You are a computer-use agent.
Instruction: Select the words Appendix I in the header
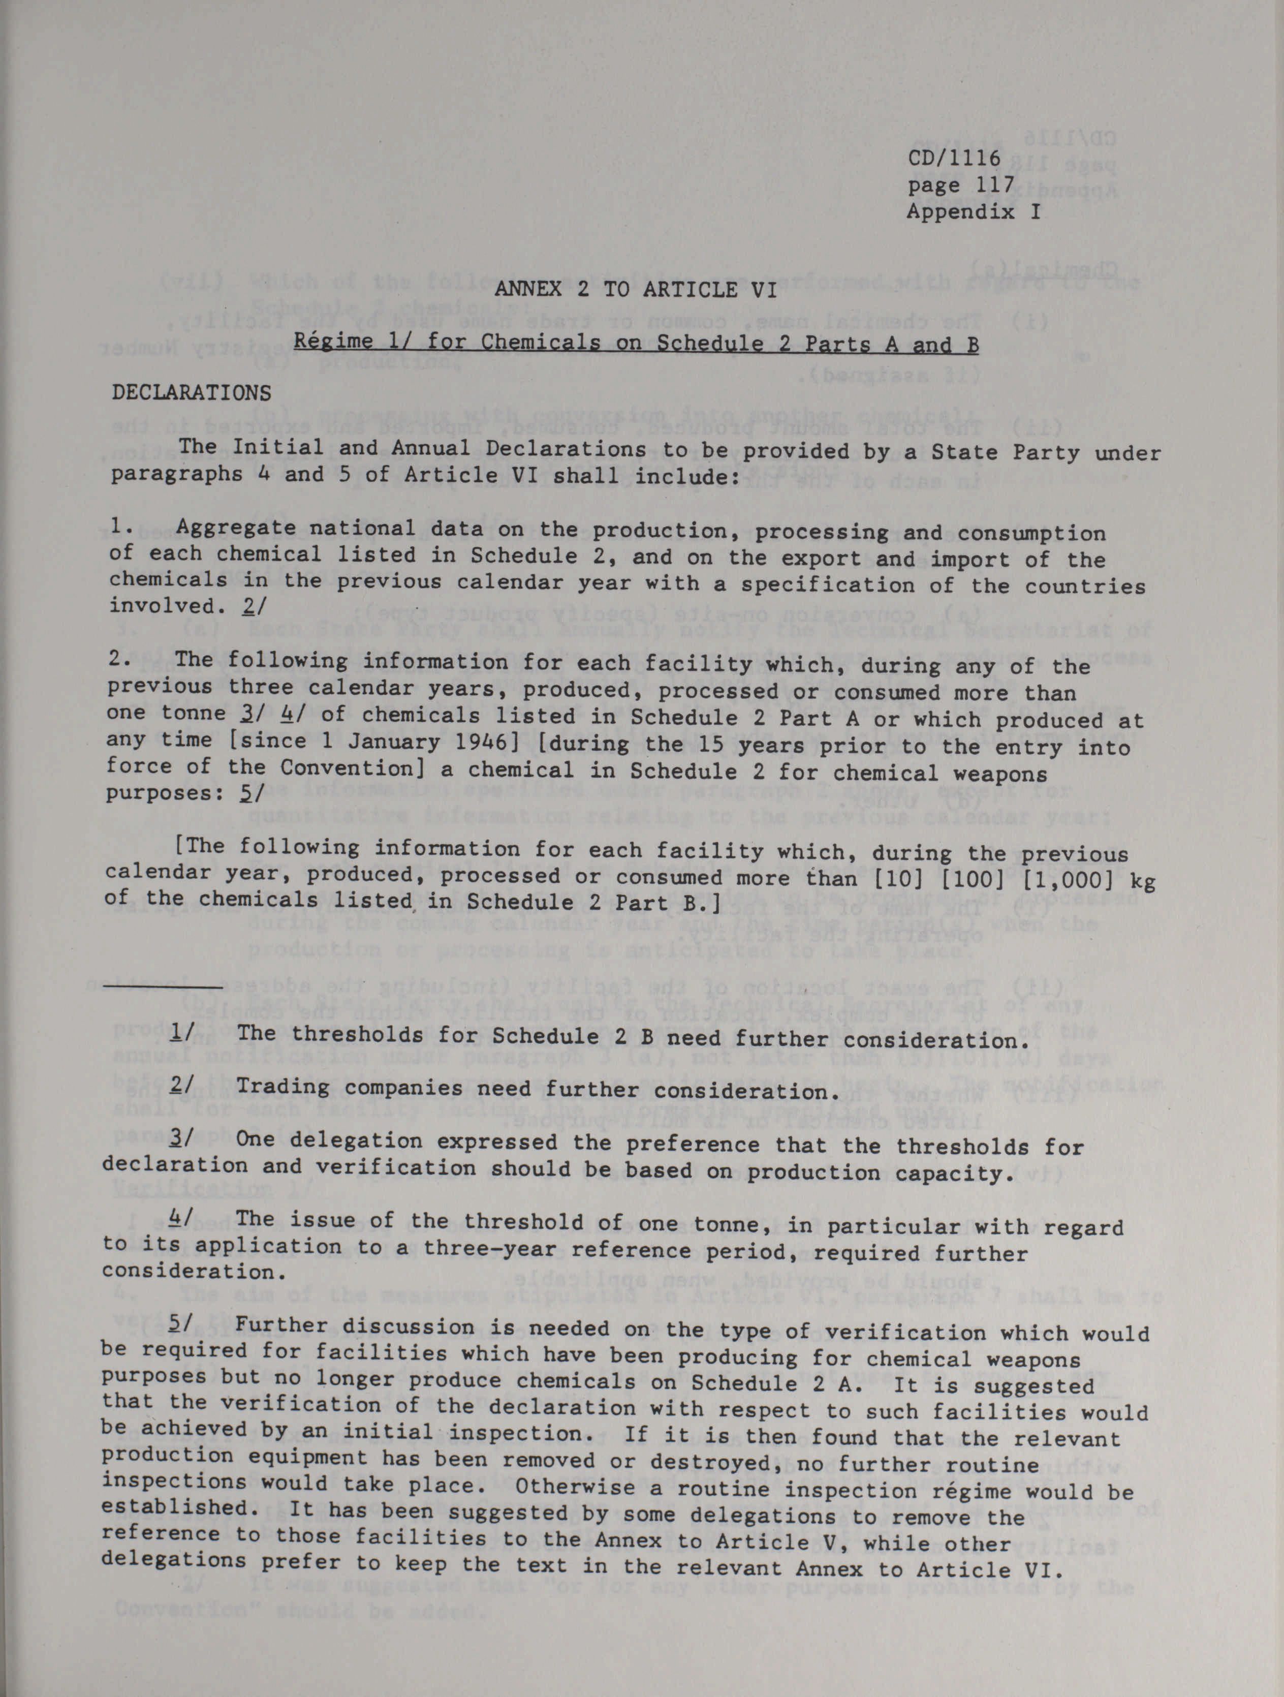974,211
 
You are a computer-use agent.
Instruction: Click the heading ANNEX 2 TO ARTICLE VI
635,290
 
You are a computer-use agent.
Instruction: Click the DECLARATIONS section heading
191,393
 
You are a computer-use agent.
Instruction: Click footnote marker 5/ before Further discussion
182,1325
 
